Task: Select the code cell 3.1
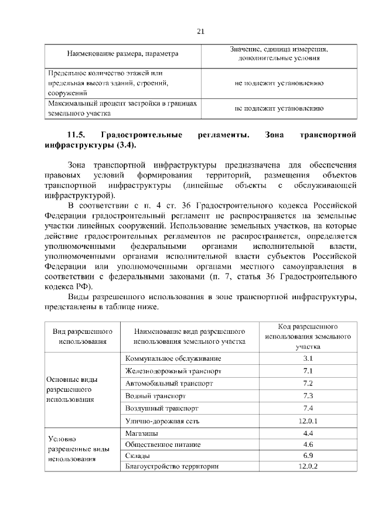[308, 358]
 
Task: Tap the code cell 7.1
[308, 371]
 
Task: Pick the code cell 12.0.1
[308, 420]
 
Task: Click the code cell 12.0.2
[308, 466]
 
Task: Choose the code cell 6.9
[308, 455]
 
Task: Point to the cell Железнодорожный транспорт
[173, 371]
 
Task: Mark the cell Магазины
[141, 433]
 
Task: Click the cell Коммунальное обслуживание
[173, 358]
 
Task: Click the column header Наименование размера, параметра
[122, 54]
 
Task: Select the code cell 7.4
[308, 408]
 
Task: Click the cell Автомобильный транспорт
[169, 384]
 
